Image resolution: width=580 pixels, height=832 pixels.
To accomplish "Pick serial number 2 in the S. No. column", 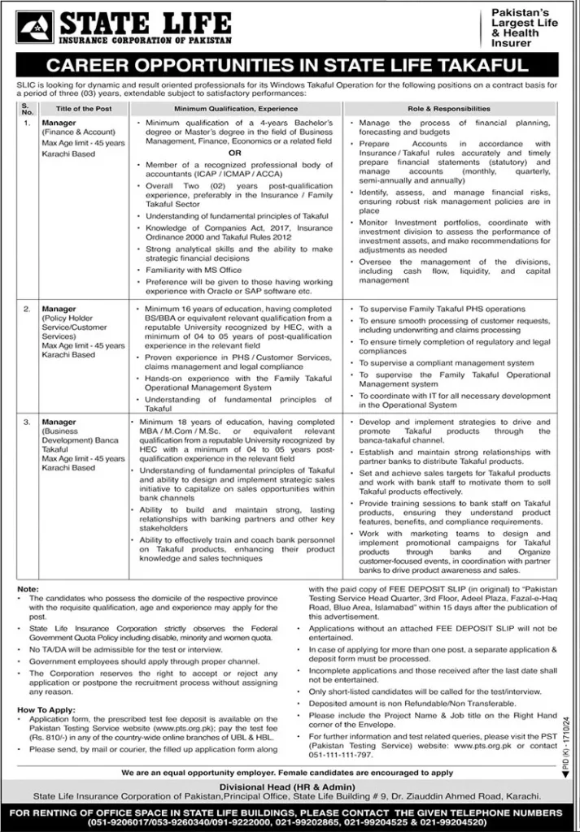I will click(x=26, y=310).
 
